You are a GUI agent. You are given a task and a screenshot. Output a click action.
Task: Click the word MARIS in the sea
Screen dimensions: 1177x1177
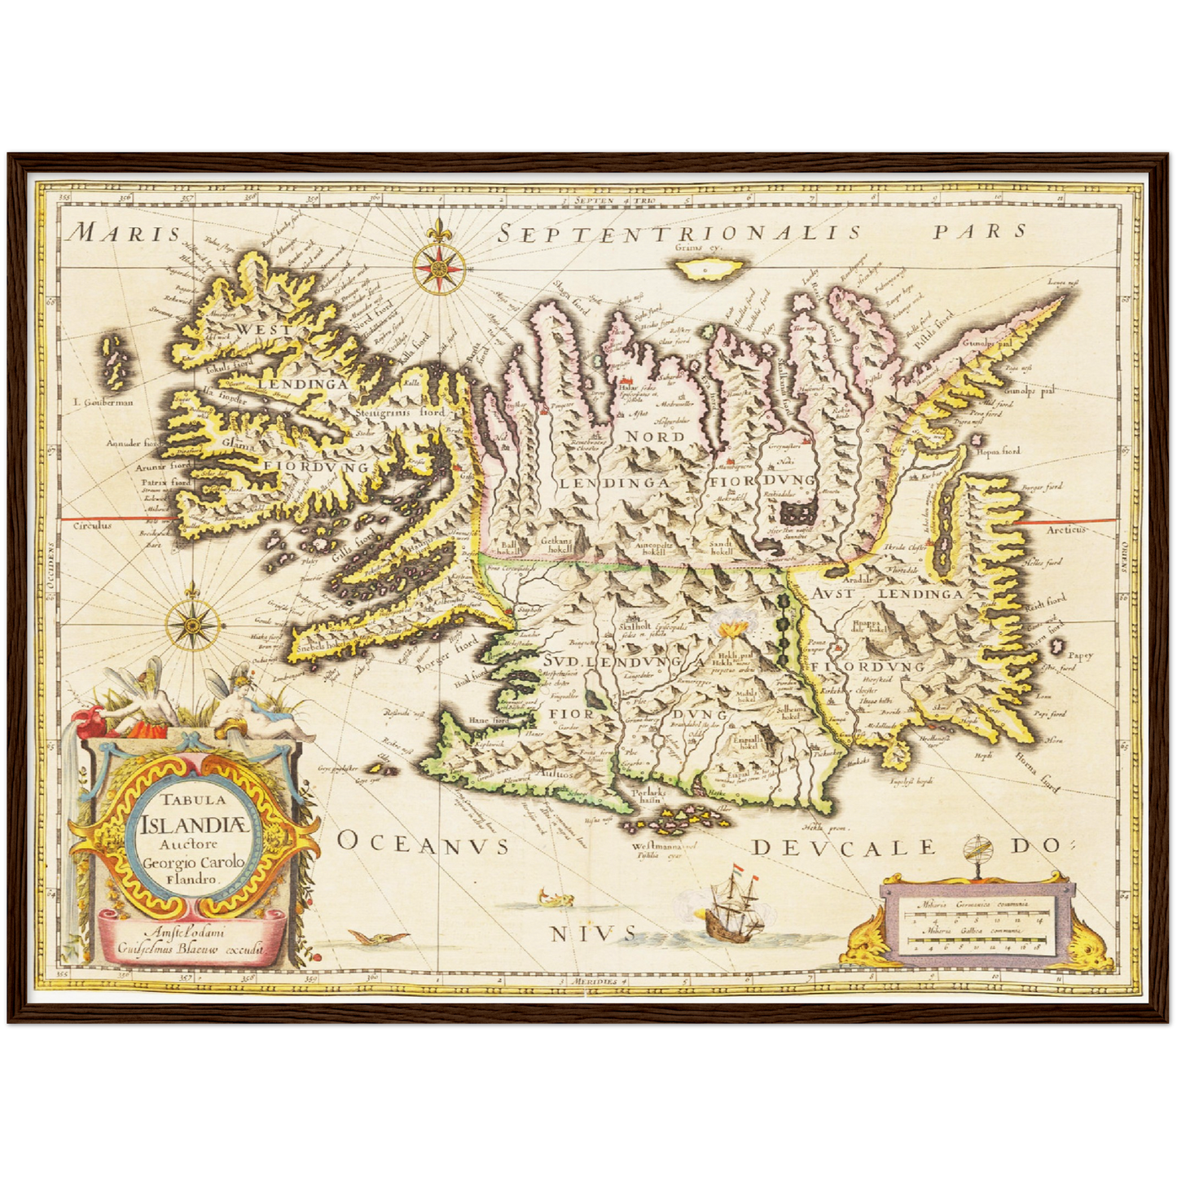(x=124, y=234)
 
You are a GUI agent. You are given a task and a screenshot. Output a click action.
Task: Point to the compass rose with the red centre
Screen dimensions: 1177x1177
(x=439, y=268)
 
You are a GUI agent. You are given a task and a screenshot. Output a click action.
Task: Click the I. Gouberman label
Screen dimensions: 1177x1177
(x=102, y=402)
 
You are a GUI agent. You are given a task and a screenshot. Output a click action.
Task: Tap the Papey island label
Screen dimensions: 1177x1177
(x=1080, y=655)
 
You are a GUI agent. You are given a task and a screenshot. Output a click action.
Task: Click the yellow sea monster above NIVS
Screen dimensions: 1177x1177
(x=557, y=899)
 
